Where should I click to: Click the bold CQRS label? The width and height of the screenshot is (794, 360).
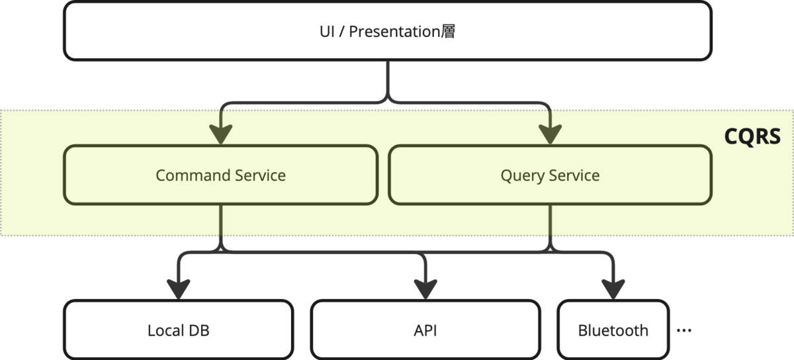tap(752, 136)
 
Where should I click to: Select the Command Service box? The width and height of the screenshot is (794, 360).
tap(220, 175)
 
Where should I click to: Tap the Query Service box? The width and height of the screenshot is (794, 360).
tap(550, 175)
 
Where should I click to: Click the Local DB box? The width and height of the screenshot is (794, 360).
tap(178, 330)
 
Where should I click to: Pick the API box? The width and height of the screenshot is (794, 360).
tap(425, 330)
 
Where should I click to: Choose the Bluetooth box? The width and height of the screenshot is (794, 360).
tap(613, 330)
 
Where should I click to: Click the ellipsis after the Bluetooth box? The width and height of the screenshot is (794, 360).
tap(684, 331)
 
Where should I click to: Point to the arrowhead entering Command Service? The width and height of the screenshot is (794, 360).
tap(220, 135)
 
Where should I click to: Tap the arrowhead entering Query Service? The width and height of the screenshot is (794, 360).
tap(550, 135)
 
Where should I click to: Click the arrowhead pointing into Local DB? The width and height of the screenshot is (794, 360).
tap(178, 290)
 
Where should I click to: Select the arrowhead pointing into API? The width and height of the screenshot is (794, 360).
tap(425, 290)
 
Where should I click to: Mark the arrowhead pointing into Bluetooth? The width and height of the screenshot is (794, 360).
tap(613, 290)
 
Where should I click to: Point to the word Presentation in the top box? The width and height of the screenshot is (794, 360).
tap(394, 31)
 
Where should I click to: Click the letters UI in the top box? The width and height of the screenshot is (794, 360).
tap(327, 31)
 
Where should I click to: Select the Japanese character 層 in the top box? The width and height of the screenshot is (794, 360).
tap(448, 31)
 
